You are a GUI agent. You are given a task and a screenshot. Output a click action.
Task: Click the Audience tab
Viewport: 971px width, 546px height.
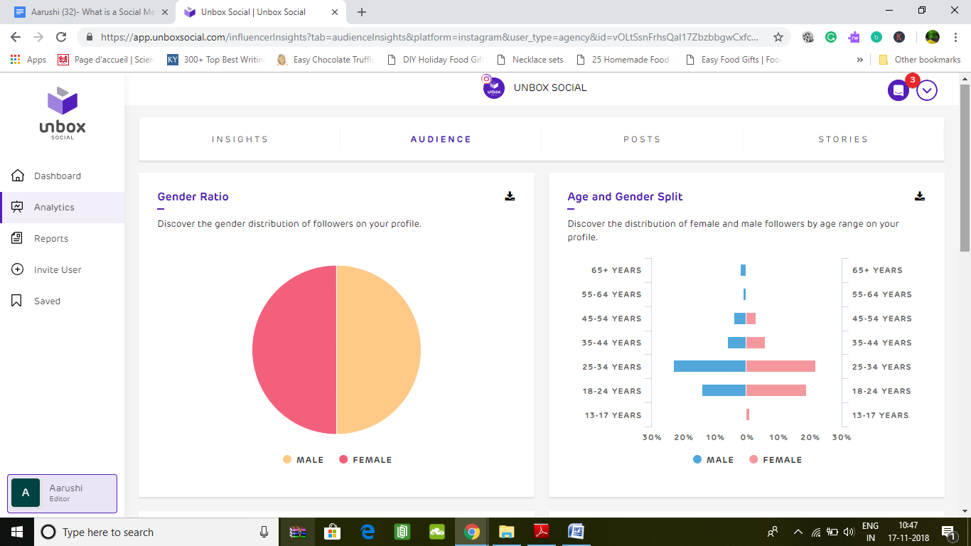point(441,139)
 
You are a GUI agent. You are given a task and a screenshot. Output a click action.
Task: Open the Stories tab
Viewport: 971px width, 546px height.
point(843,139)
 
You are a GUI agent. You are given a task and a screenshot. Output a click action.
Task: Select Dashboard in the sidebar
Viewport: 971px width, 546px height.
point(57,176)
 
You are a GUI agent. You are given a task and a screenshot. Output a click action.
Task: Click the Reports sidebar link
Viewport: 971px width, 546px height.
point(50,238)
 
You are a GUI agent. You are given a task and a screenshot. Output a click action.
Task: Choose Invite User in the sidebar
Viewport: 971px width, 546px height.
point(57,269)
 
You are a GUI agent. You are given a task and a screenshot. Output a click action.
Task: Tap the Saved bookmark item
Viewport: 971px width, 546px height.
point(47,301)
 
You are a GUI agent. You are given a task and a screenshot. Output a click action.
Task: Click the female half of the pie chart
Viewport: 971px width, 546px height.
point(294,350)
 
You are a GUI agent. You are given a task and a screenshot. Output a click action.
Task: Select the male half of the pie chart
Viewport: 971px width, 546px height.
point(378,350)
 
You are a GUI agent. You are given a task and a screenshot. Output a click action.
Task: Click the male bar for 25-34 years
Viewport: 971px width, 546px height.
point(709,366)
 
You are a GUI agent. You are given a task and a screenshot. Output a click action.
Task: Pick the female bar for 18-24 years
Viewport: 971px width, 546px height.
point(776,390)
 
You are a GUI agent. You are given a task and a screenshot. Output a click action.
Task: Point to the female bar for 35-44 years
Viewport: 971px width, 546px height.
point(755,343)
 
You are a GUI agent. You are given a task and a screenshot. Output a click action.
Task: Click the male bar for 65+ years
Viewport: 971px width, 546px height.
point(743,270)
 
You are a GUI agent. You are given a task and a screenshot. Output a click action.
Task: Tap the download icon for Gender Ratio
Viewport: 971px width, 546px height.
point(510,197)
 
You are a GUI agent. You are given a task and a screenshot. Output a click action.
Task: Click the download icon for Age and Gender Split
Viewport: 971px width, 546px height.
point(919,197)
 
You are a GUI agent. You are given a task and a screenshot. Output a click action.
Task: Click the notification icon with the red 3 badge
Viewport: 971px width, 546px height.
point(898,90)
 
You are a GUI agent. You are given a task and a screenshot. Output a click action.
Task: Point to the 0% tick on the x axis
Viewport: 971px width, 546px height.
point(746,437)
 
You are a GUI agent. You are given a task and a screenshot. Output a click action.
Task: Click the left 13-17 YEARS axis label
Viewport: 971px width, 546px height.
point(613,415)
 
